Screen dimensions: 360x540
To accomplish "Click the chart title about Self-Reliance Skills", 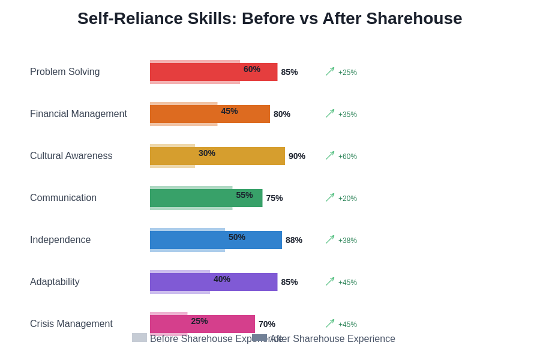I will [269, 19].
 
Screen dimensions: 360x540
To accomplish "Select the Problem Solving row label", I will [65, 72].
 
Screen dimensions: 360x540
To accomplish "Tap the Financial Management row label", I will [79, 114].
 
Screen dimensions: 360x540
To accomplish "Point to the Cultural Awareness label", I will [71, 156].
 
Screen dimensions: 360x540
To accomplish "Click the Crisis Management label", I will [71, 324].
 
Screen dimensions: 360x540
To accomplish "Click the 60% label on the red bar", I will [252, 69].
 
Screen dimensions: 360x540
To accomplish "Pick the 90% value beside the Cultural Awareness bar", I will [297, 156].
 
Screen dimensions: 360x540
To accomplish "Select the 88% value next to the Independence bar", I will [294, 240].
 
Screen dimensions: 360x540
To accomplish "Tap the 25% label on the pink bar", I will [199, 321].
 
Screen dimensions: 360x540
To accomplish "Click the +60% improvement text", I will [347, 157].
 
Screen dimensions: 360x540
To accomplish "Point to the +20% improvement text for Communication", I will [347, 199].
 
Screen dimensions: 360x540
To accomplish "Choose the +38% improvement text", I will [347, 241].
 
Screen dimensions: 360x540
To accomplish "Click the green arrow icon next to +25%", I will [330, 71].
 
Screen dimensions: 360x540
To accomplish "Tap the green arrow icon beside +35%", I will [330, 113].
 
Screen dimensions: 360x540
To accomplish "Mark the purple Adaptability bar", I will [252, 282].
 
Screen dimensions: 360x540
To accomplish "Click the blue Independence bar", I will [258, 240].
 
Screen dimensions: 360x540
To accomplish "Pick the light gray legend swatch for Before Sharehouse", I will [139, 338].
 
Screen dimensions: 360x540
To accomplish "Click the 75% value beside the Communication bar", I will [274, 198].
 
